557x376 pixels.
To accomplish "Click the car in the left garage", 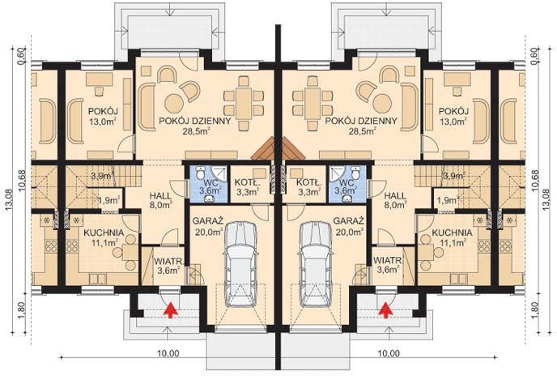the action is pyautogui.click(x=240, y=265).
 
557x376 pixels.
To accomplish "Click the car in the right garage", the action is pyautogui.click(x=316, y=265).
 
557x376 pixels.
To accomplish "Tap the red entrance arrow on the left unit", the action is pyautogui.click(x=171, y=310).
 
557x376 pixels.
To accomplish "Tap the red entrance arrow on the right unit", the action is pyautogui.click(x=385, y=310).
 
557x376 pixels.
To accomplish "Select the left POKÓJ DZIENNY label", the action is pyautogui.click(x=195, y=121).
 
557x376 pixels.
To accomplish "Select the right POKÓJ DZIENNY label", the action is pyautogui.click(x=361, y=121).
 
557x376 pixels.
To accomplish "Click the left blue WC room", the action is pyautogui.click(x=208, y=184).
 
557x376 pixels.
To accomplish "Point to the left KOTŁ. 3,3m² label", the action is pyautogui.click(x=248, y=187).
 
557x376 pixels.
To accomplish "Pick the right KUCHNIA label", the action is pyautogui.click(x=453, y=233).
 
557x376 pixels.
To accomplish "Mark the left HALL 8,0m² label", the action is pyautogui.click(x=160, y=200).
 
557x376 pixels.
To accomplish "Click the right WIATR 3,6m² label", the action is pyautogui.click(x=387, y=265).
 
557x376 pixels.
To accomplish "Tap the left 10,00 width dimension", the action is pyautogui.click(x=168, y=353).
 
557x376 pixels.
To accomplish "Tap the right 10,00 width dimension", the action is pyautogui.click(x=389, y=353).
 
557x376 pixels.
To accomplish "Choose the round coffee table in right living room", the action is pyautogui.click(x=382, y=103).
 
